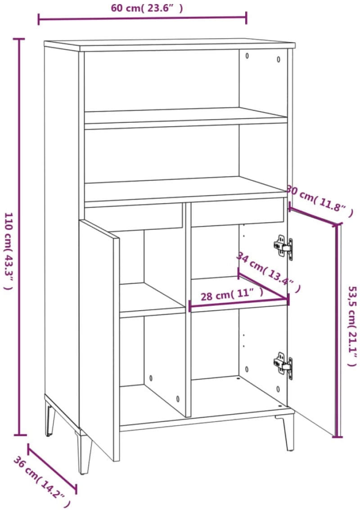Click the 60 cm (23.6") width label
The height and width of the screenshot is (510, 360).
147,8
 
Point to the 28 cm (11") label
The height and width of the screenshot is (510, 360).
232,295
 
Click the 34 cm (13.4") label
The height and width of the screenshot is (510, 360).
268,272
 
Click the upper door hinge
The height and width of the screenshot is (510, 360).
283,247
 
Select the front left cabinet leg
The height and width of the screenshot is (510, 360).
84,452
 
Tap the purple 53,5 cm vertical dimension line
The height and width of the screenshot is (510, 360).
338,330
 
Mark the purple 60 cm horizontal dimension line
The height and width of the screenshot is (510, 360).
142,18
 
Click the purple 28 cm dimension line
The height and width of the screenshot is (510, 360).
238,303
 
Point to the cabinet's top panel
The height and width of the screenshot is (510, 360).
170,45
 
